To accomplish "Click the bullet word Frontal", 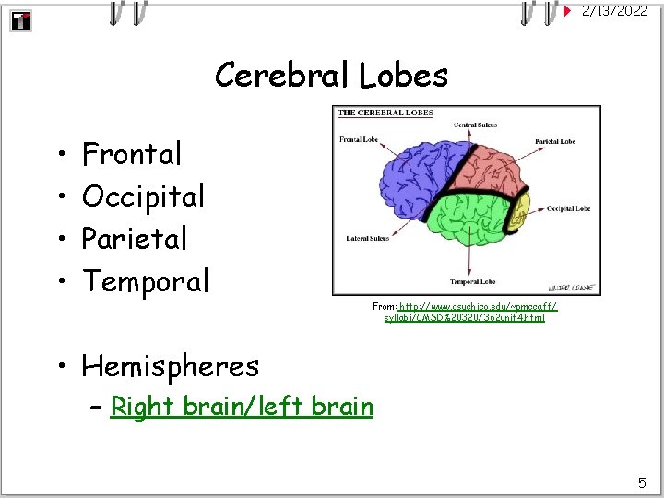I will pyautogui.click(x=132, y=154).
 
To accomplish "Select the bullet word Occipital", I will pyautogui.click(x=143, y=196).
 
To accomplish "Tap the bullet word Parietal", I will pyautogui.click(x=135, y=239).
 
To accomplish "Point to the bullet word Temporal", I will pyautogui.click(x=146, y=280).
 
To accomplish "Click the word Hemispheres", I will pyautogui.click(x=170, y=366).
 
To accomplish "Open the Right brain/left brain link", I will pyautogui.click(x=242, y=406).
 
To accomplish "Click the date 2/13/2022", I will pyautogui.click(x=614, y=11).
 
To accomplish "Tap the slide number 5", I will pyautogui.click(x=642, y=482).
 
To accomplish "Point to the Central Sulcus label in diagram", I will pyautogui.click(x=476, y=124).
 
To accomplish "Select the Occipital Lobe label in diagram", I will pyautogui.click(x=568, y=209).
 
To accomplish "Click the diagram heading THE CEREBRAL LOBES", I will pyautogui.click(x=385, y=113).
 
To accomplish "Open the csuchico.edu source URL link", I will pyautogui.click(x=465, y=311).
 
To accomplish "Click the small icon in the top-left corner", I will pyautogui.click(x=20, y=20).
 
